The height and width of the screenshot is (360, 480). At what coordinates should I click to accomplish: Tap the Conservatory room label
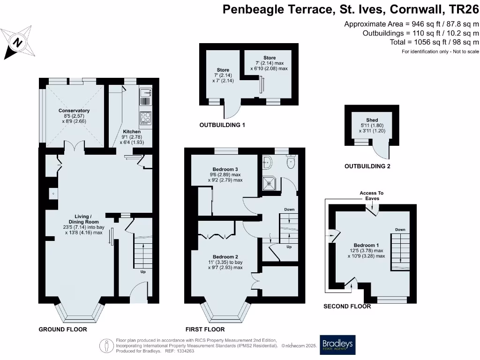pyautogui.click(x=74, y=111)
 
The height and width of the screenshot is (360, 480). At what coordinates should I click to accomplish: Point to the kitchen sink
pyautogui.click(x=145, y=96)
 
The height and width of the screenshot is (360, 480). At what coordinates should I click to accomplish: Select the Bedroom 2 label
pyautogui.click(x=225, y=257)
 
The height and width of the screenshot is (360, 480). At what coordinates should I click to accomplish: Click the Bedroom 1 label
pyautogui.click(x=366, y=245)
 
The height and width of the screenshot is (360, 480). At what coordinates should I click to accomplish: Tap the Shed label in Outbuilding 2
pyautogui.click(x=372, y=120)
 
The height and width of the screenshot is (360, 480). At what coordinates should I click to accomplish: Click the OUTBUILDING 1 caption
pyautogui.click(x=222, y=125)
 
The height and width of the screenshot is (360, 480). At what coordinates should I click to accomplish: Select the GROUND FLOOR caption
pyautogui.click(x=63, y=330)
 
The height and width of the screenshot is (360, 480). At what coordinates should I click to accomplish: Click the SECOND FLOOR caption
pyautogui.click(x=347, y=307)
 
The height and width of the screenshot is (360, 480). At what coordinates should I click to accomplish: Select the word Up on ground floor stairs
pyautogui.click(x=142, y=271)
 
